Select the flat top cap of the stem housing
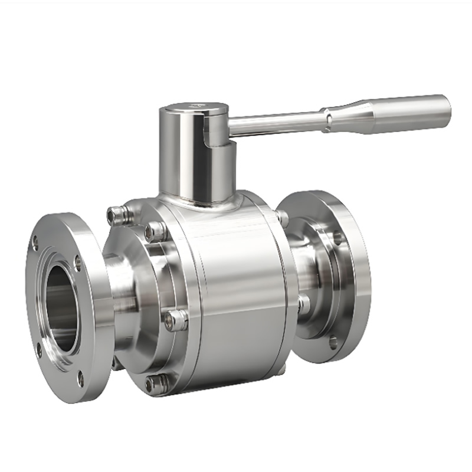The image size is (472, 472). coord(195,109)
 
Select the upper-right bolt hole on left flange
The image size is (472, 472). coord(78,261)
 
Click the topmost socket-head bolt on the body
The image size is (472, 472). coord(116,215)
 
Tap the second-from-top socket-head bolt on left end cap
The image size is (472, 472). coord(156,231)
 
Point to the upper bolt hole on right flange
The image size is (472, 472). coord(337,238)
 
